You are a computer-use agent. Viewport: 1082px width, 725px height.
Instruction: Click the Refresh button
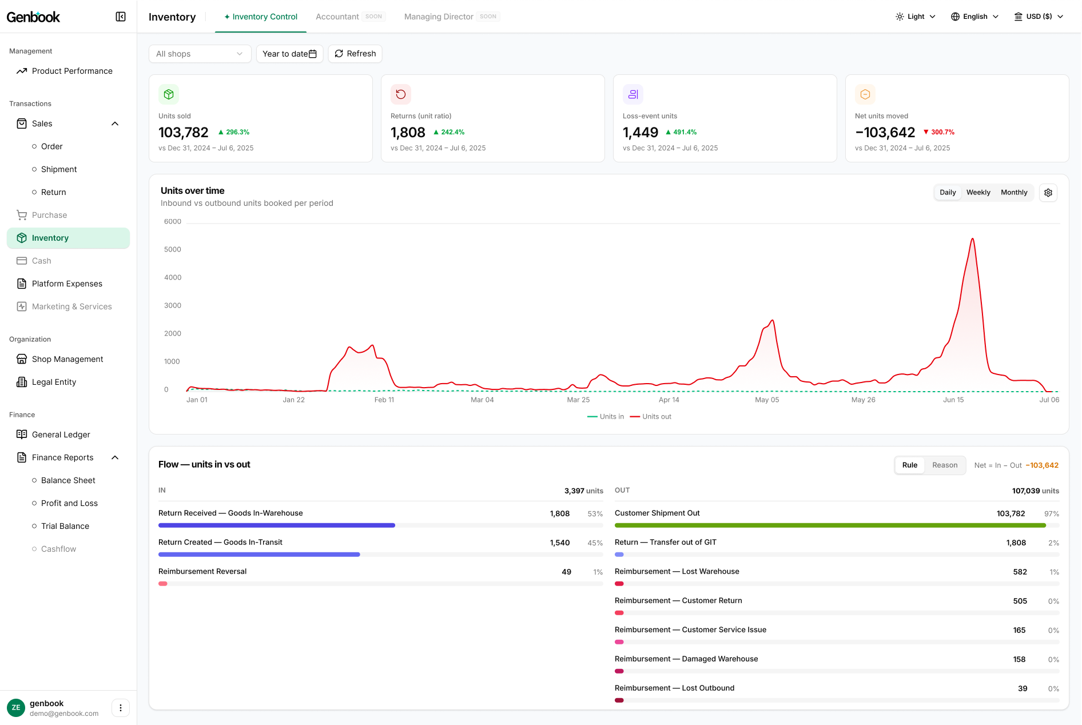tap(355, 54)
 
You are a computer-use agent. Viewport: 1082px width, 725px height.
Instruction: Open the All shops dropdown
tap(200, 54)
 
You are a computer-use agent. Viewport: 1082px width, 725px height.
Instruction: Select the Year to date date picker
tap(289, 54)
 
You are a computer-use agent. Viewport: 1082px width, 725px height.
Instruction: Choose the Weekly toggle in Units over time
tap(978, 193)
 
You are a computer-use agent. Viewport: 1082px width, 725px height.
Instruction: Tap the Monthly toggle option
tap(1014, 193)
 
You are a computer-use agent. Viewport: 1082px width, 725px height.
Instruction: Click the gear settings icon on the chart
tap(1048, 193)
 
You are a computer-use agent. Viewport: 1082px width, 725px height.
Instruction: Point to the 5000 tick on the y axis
tap(173, 250)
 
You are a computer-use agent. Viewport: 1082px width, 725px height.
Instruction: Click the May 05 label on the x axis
tap(767, 400)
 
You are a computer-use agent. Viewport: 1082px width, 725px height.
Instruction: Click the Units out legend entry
tap(651, 417)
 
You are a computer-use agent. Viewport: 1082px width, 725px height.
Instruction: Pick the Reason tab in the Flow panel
tap(945, 465)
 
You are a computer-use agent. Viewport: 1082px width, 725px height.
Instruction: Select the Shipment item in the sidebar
tap(59, 169)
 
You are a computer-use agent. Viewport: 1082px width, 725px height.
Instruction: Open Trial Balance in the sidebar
tap(65, 526)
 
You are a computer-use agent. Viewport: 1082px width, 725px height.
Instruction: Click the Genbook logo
tap(33, 17)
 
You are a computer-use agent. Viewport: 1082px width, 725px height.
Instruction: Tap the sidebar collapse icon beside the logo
tap(121, 17)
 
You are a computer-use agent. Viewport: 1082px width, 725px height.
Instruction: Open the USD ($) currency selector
tap(1039, 17)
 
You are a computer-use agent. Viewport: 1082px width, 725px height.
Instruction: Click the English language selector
tap(975, 17)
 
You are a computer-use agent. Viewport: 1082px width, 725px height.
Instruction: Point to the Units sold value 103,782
tap(184, 133)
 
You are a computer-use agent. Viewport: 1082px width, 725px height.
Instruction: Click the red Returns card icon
tap(401, 94)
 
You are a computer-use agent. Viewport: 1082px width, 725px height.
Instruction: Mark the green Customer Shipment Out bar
tap(830, 525)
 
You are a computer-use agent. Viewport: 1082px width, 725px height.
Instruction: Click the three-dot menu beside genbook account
tap(121, 708)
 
